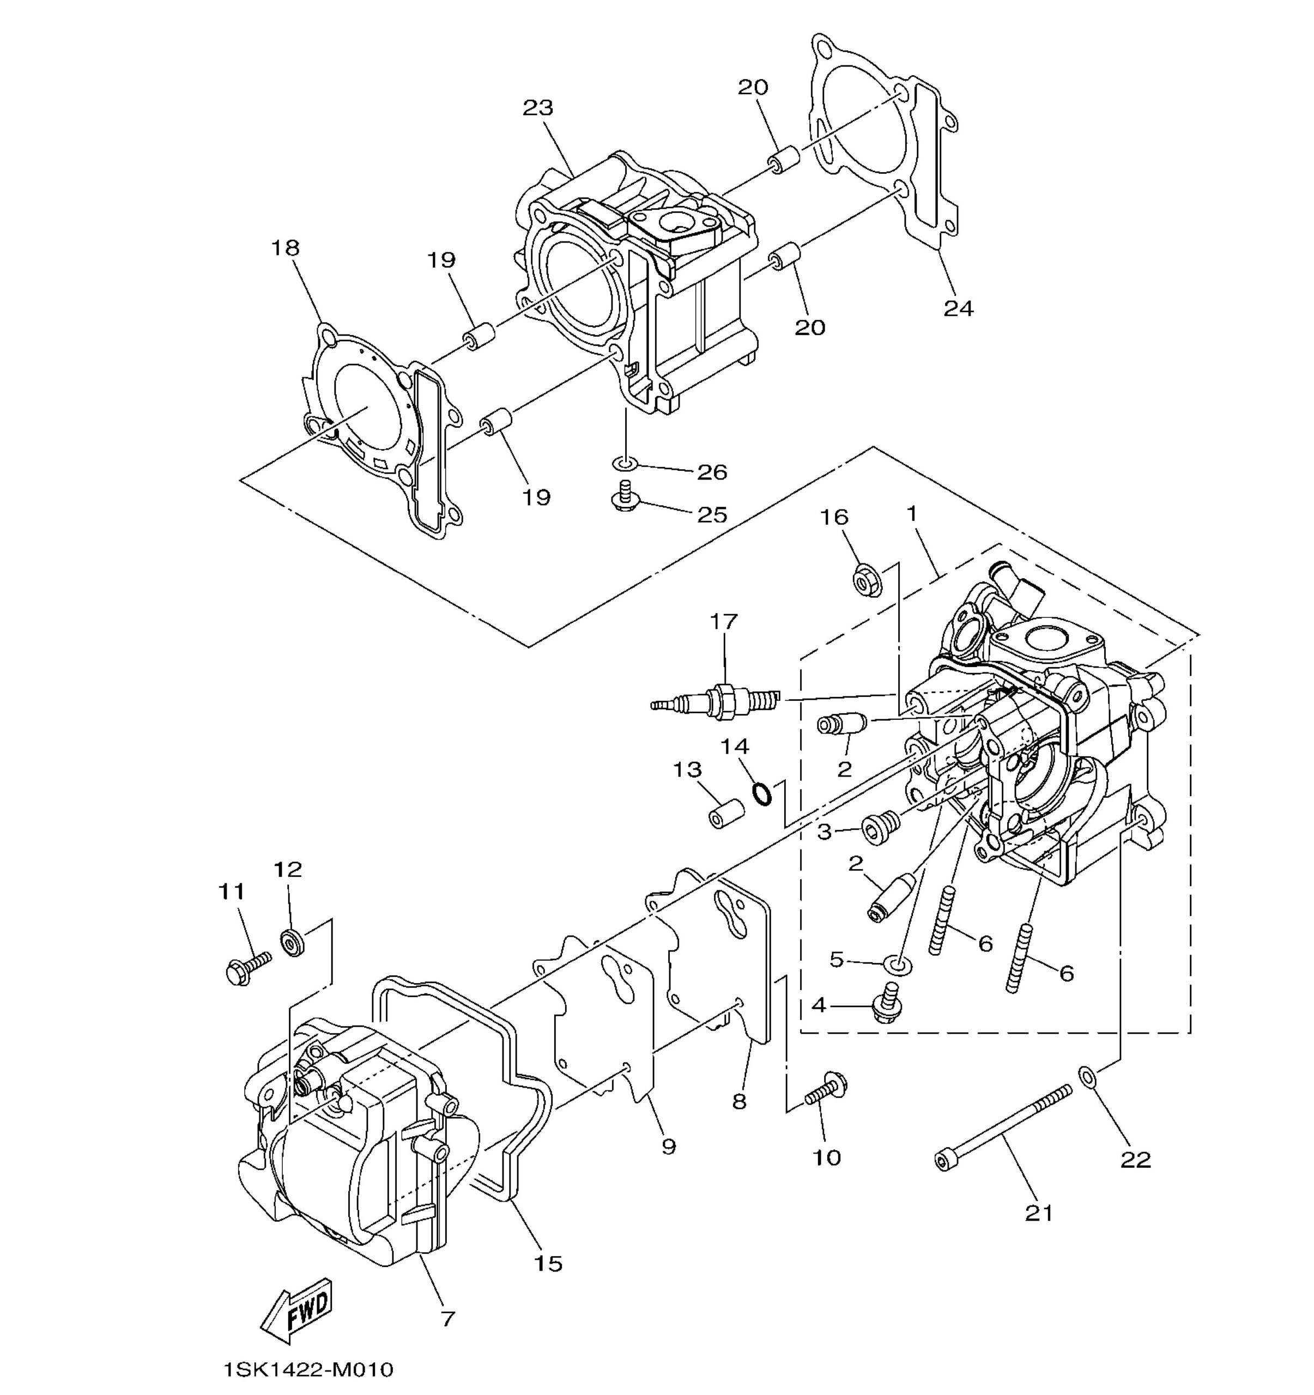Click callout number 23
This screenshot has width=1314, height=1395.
[x=538, y=107]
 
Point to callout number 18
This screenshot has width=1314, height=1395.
[x=286, y=248]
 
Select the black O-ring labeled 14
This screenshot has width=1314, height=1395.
[x=762, y=793]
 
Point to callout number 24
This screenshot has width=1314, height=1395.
[x=958, y=308]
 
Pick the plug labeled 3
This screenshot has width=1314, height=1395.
[x=882, y=829]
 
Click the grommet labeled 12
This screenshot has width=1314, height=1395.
[x=292, y=942]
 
